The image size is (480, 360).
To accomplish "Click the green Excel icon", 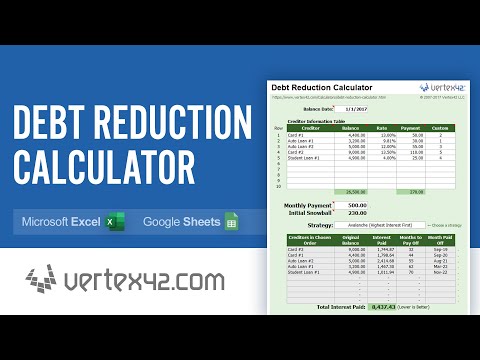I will tap(115, 221).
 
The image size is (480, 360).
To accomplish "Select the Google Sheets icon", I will tap(231, 221).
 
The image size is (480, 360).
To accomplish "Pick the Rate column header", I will tap(381, 128).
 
